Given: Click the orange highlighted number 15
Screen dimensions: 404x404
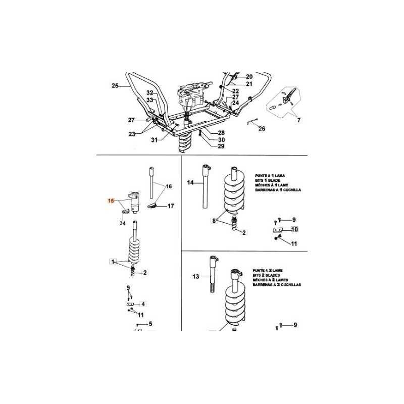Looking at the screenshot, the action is point(111,200).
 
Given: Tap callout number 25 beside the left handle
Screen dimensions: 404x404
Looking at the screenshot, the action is point(115,86).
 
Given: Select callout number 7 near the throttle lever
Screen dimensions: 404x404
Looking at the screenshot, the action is point(298,120).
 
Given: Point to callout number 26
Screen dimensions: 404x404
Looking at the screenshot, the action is point(262,129).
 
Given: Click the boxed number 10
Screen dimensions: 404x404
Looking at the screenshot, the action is point(294,229).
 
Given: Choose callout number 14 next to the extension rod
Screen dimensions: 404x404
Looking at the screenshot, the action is point(190,183).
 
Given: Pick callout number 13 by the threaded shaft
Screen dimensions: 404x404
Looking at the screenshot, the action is point(196,276).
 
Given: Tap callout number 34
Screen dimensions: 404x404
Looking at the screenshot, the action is point(123,223).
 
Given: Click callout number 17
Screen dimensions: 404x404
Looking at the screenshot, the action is point(171,206).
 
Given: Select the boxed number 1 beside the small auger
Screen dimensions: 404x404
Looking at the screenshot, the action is point(112,262).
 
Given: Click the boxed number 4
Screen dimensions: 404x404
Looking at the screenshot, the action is point(143,304).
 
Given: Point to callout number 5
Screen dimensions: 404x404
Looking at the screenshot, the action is point(150,324).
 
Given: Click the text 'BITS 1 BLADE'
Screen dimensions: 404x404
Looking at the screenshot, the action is point(268,180).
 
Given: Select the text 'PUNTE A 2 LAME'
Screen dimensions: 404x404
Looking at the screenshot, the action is point(268,271).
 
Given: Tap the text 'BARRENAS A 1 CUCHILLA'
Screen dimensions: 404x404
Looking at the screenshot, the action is point(278,190).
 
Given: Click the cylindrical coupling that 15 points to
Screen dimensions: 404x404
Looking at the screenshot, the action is point(135,203).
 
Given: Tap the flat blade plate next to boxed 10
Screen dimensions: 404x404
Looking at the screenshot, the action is point(278,230).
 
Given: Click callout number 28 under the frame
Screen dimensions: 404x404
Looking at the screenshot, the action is point(221,133).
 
